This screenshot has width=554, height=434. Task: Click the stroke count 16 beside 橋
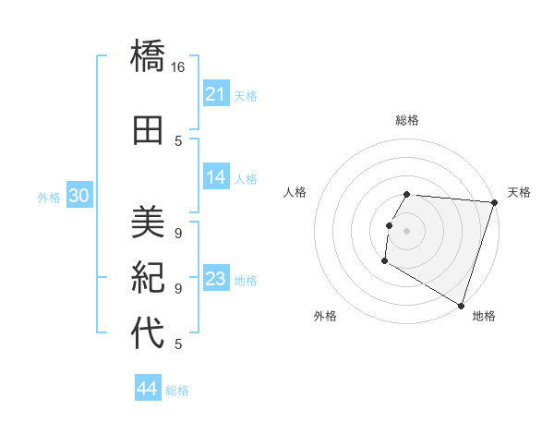tap(178, 67)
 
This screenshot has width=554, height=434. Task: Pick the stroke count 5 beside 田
tap(178, 141)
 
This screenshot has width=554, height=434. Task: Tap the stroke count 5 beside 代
tap(178, 344)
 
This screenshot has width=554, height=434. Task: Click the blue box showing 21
tap(216, 94)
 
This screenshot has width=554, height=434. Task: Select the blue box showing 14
tap(216, 177)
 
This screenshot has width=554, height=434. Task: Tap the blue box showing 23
tap(216, 279)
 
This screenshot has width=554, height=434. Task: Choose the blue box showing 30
tap(78, 196)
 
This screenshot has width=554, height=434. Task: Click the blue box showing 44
tap(148, 389)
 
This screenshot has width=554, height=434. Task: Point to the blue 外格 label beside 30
tap(49, 197)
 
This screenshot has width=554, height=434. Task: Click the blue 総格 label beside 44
tap(177, 391)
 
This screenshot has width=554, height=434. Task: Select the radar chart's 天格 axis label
tap(519, 192)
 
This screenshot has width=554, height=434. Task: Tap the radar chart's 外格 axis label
tap(325, 316)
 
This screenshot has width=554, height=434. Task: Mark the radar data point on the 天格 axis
tap(494, 202)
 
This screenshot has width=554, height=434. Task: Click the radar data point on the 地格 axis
tap(461, 305)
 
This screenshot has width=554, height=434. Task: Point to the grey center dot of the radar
tap(406, 231)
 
